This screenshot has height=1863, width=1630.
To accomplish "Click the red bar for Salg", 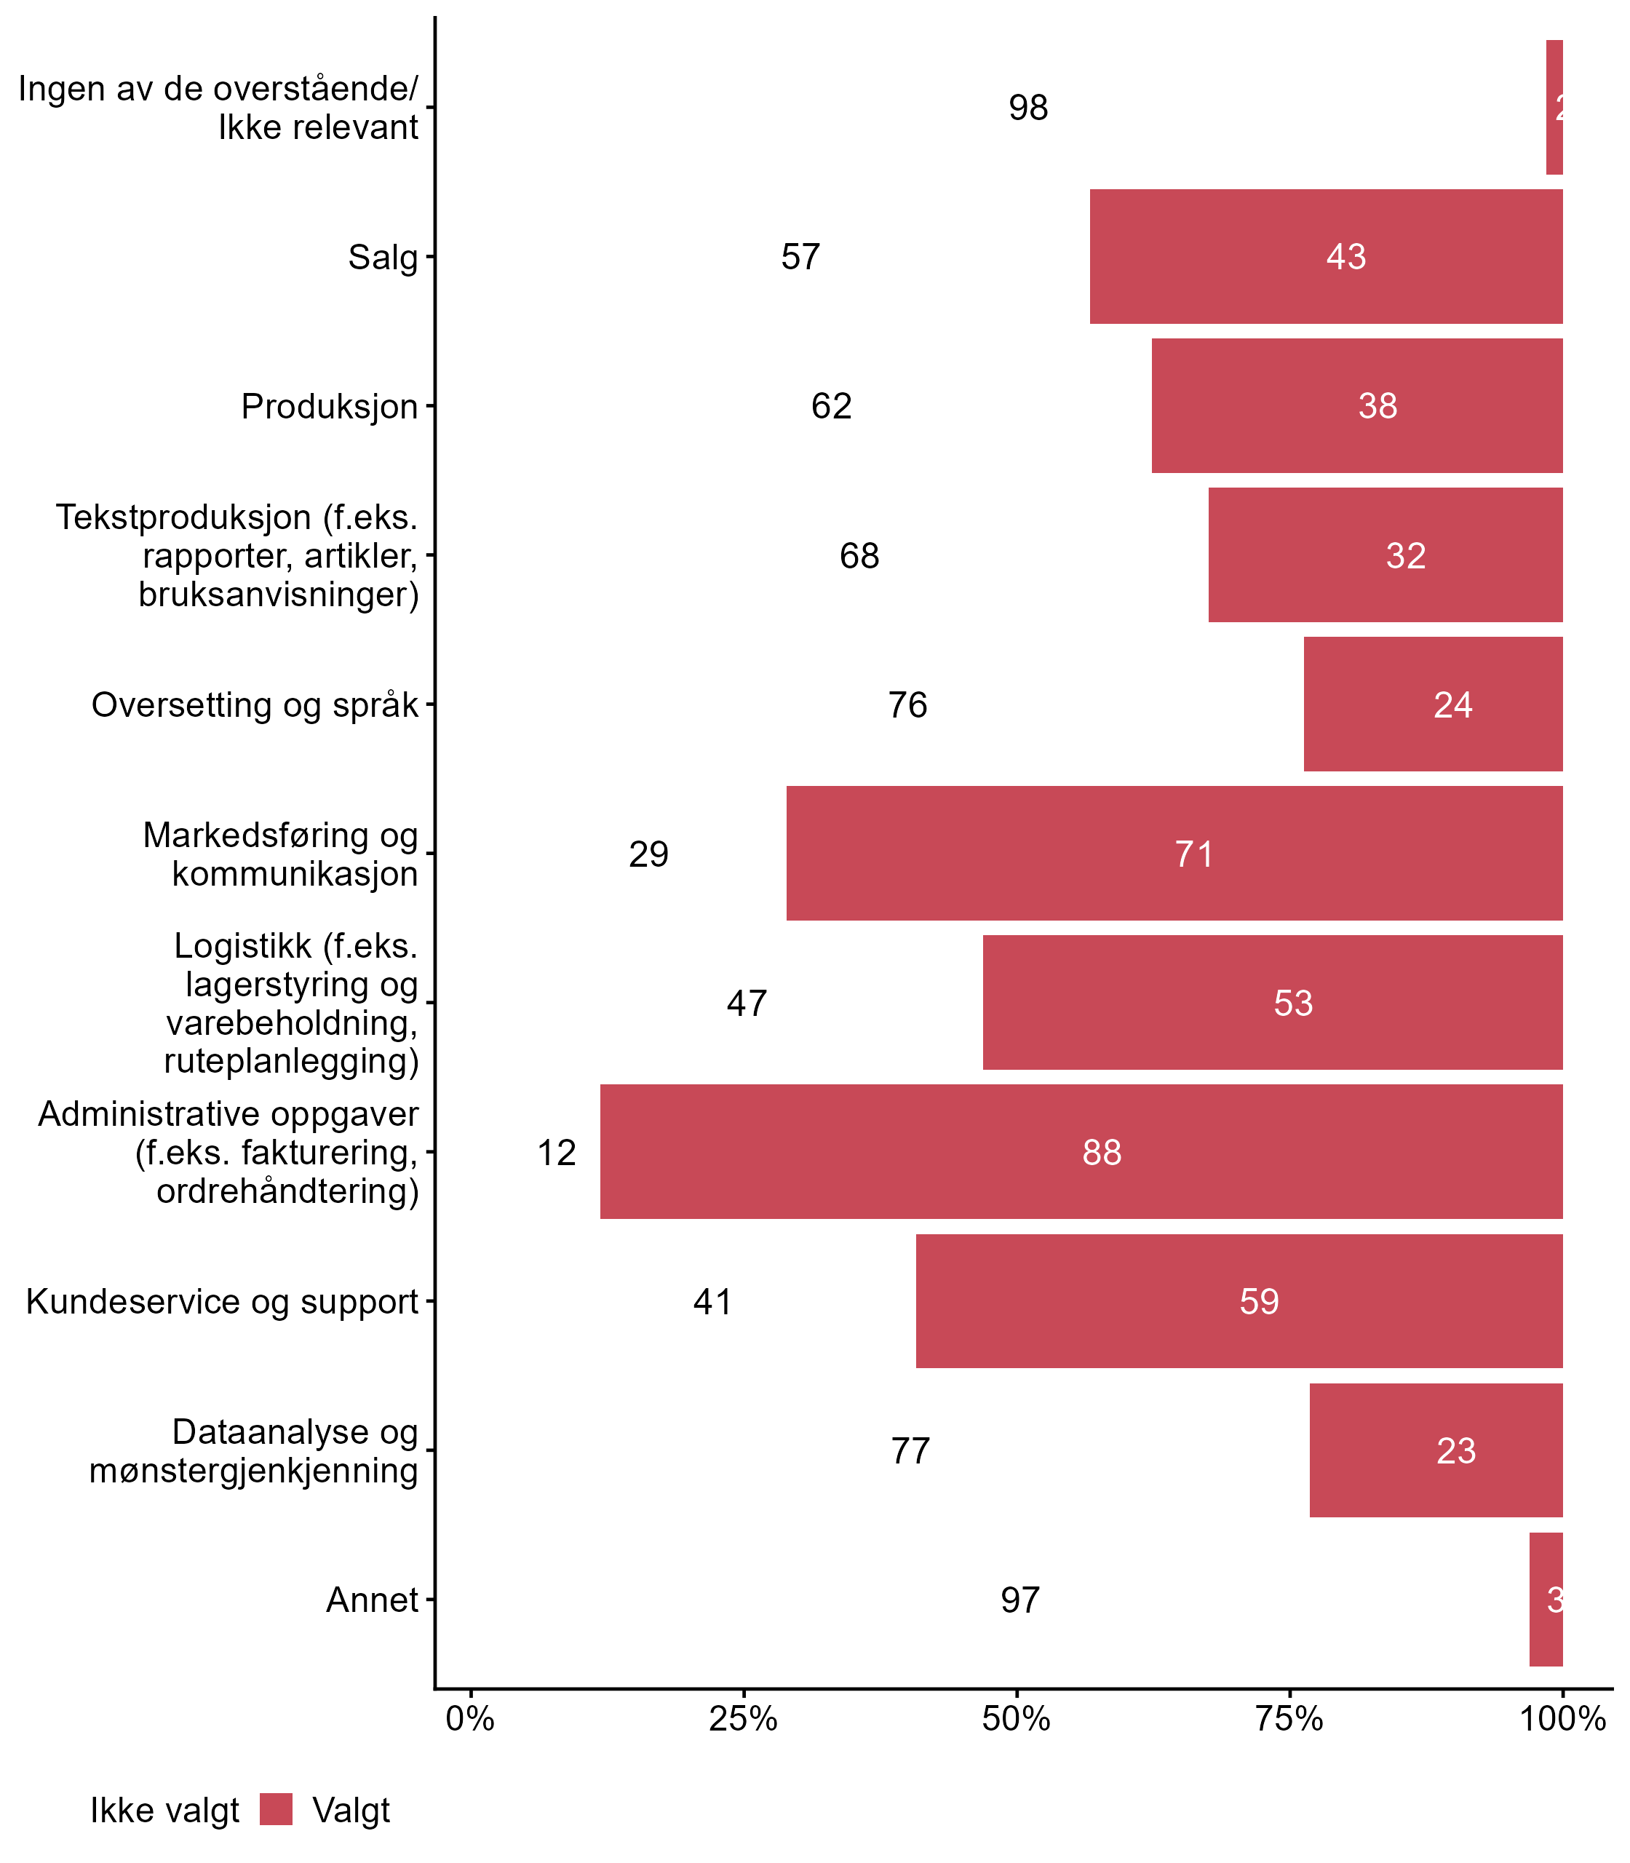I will point(1325,256).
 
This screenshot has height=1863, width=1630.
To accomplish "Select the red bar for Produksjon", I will point(1356,406).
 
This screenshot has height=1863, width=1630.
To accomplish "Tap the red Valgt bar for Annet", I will point(1546,1600).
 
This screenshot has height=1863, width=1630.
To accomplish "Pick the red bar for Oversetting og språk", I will point(1433,704).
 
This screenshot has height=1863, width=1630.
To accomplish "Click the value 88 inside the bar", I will point(1102,1153).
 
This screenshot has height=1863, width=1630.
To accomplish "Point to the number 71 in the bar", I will point(1193,854).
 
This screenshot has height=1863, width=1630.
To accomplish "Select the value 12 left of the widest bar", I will point(557,1153).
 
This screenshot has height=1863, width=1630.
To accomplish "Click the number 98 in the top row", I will point(1027,108).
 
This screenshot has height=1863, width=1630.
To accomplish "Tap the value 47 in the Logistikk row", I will point(747,1004).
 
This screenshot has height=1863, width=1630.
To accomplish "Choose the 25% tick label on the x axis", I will point(743,1719).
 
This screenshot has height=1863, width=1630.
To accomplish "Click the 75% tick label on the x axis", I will point(1289,1719).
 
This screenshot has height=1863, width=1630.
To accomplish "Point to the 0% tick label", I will point(470,1719).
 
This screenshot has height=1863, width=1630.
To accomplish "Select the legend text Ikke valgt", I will point(164,1811).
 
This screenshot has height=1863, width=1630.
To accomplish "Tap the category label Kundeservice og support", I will point(222,1302).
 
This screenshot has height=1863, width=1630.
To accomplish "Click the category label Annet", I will point(372,1600).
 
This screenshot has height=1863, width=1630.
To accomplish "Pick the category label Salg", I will point(383,256).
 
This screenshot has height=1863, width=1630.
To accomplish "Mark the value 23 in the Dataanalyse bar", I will point(1455,1451).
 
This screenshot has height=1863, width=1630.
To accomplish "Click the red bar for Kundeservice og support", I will point(1239,1302).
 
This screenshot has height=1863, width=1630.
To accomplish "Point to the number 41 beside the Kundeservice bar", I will point(712,1302).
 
